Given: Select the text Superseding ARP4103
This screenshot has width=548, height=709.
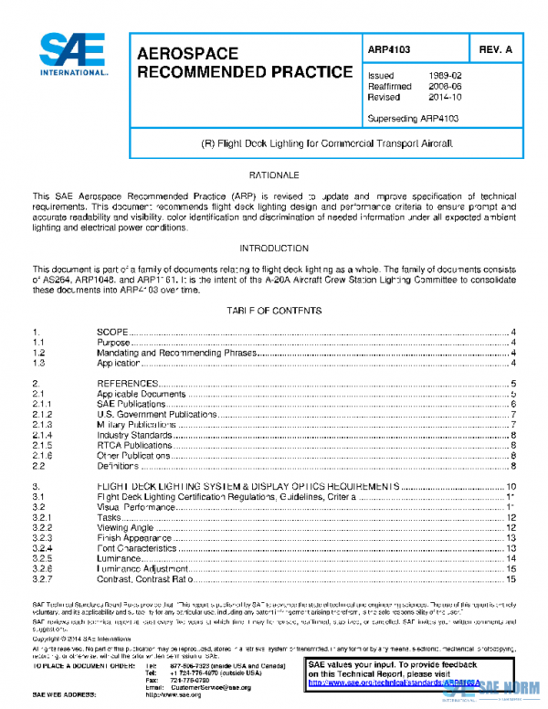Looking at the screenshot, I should point(412,118).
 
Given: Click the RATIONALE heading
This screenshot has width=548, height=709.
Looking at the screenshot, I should point(274,174).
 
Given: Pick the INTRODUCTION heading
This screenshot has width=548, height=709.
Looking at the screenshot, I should point(274,249).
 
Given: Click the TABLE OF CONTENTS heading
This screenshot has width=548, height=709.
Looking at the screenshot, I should point(274,312).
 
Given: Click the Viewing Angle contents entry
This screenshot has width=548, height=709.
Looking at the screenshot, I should point(126,527).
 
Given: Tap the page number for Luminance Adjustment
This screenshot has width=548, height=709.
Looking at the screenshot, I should point(511,568).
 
